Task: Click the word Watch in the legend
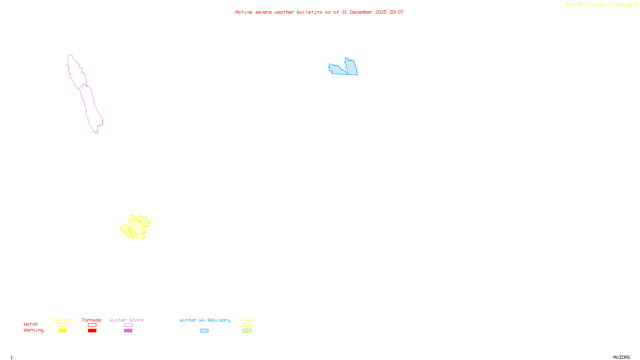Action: tap(31, 324)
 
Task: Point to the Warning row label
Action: tap(33, 330)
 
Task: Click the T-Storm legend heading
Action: tap(62, 320)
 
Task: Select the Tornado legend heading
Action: tap(92, 320)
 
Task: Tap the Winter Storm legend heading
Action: tap(126, 320)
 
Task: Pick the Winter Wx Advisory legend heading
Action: tap(205, 320)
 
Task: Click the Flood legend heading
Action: tap(247, 320)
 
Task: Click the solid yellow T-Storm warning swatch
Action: tap(62, 331)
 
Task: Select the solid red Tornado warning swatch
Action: tap(92, 331)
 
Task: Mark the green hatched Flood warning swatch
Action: tap(247, 331)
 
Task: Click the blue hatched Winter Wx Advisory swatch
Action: tap(204, 331)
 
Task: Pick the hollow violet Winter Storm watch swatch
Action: tap(128, 325)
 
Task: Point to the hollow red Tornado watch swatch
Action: tap(92, 325)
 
